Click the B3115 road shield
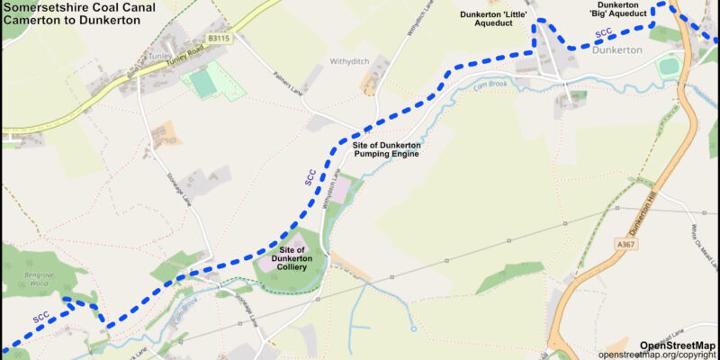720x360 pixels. [x=219, y=39]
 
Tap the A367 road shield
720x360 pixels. [x=626, y=243]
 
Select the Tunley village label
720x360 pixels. [x=157, y=55]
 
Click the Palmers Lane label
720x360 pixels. [x=290, y=90]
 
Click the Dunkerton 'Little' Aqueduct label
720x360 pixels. [x=492, y=20]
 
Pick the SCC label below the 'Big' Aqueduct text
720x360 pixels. [x=604, y=35]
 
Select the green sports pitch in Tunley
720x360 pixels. [x=202, y=83]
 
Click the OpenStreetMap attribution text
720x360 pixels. [x=678, y=345]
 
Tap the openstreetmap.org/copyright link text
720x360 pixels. [x=657, y=355]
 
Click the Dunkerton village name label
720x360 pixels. [x=616, y=49]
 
